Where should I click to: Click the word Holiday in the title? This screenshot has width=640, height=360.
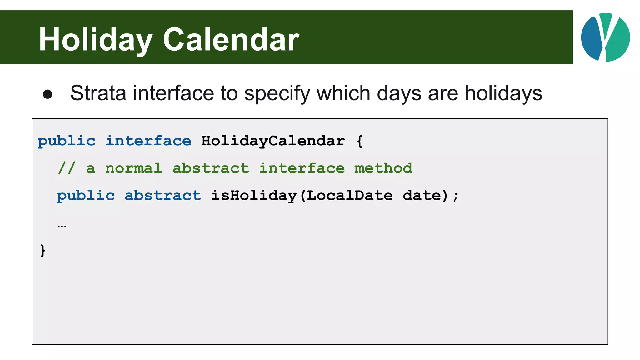pyautogui.click(x=95, y=40)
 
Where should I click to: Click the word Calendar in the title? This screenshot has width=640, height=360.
pyautogui.click(x=231, y=40)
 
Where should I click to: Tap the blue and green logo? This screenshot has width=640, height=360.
pyautogui.click(x=605, y=37)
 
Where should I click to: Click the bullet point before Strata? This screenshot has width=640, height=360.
pyautogui.click(x=47, y=94)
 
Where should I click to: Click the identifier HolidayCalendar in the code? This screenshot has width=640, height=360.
pyautogui.click(x=273, y=141)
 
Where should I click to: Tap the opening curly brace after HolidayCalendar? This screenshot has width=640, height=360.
pyautogui.click(x=360, y=141)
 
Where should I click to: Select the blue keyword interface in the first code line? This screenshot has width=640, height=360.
pyautogui.click(x=148, y=141)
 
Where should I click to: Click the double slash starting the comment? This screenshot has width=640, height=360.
pyautogui.click(x=67, y=168)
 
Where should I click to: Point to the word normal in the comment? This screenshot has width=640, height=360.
pyautogui.click(x=133, y=168)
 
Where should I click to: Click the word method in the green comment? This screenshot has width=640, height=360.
pyautogui.click(x=383, y=168)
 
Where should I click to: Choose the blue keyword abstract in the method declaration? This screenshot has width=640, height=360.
pyautogui.click(x=163, y=196)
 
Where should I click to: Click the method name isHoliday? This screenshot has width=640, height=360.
pyautogui.click(x=254, y=196)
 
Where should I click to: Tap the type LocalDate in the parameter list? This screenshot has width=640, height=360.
pyautogui.click(x=349, y=196)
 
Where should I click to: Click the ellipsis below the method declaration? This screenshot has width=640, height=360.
pyautogui.click(x=62, y=226)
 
